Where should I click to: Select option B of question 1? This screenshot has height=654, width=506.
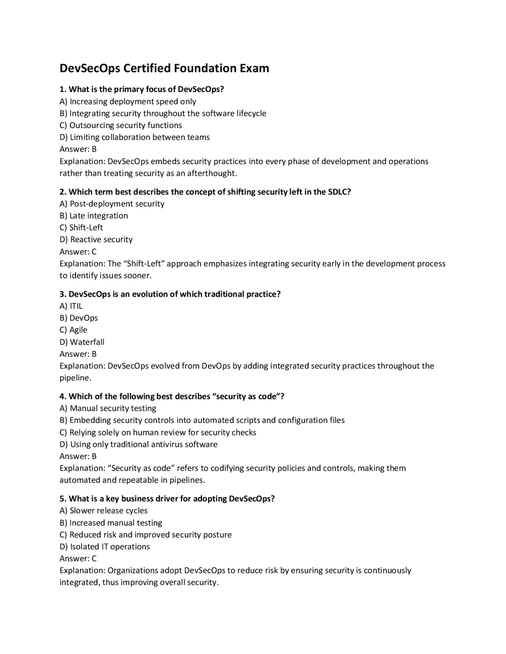163,113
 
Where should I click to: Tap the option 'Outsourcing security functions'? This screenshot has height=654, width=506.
121,125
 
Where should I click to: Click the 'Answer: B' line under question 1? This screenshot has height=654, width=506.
78,149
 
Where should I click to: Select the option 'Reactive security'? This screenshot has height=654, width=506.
96,239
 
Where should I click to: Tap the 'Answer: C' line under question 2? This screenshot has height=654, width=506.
78,252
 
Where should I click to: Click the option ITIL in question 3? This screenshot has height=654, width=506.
71,306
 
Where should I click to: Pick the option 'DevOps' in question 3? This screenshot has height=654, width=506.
79,318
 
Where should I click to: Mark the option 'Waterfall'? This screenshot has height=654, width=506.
82,342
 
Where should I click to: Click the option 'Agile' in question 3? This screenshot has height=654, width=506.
74,330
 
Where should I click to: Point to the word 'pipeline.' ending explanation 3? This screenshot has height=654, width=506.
76,378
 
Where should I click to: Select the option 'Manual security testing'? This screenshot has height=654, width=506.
108,408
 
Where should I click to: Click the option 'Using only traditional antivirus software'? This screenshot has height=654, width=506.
138,444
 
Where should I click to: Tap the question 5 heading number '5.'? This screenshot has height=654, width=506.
63,499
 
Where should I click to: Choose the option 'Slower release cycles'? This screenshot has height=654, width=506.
104,511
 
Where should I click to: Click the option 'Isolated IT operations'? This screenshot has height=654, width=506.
105,547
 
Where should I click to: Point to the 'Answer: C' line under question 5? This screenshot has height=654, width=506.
78,558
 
